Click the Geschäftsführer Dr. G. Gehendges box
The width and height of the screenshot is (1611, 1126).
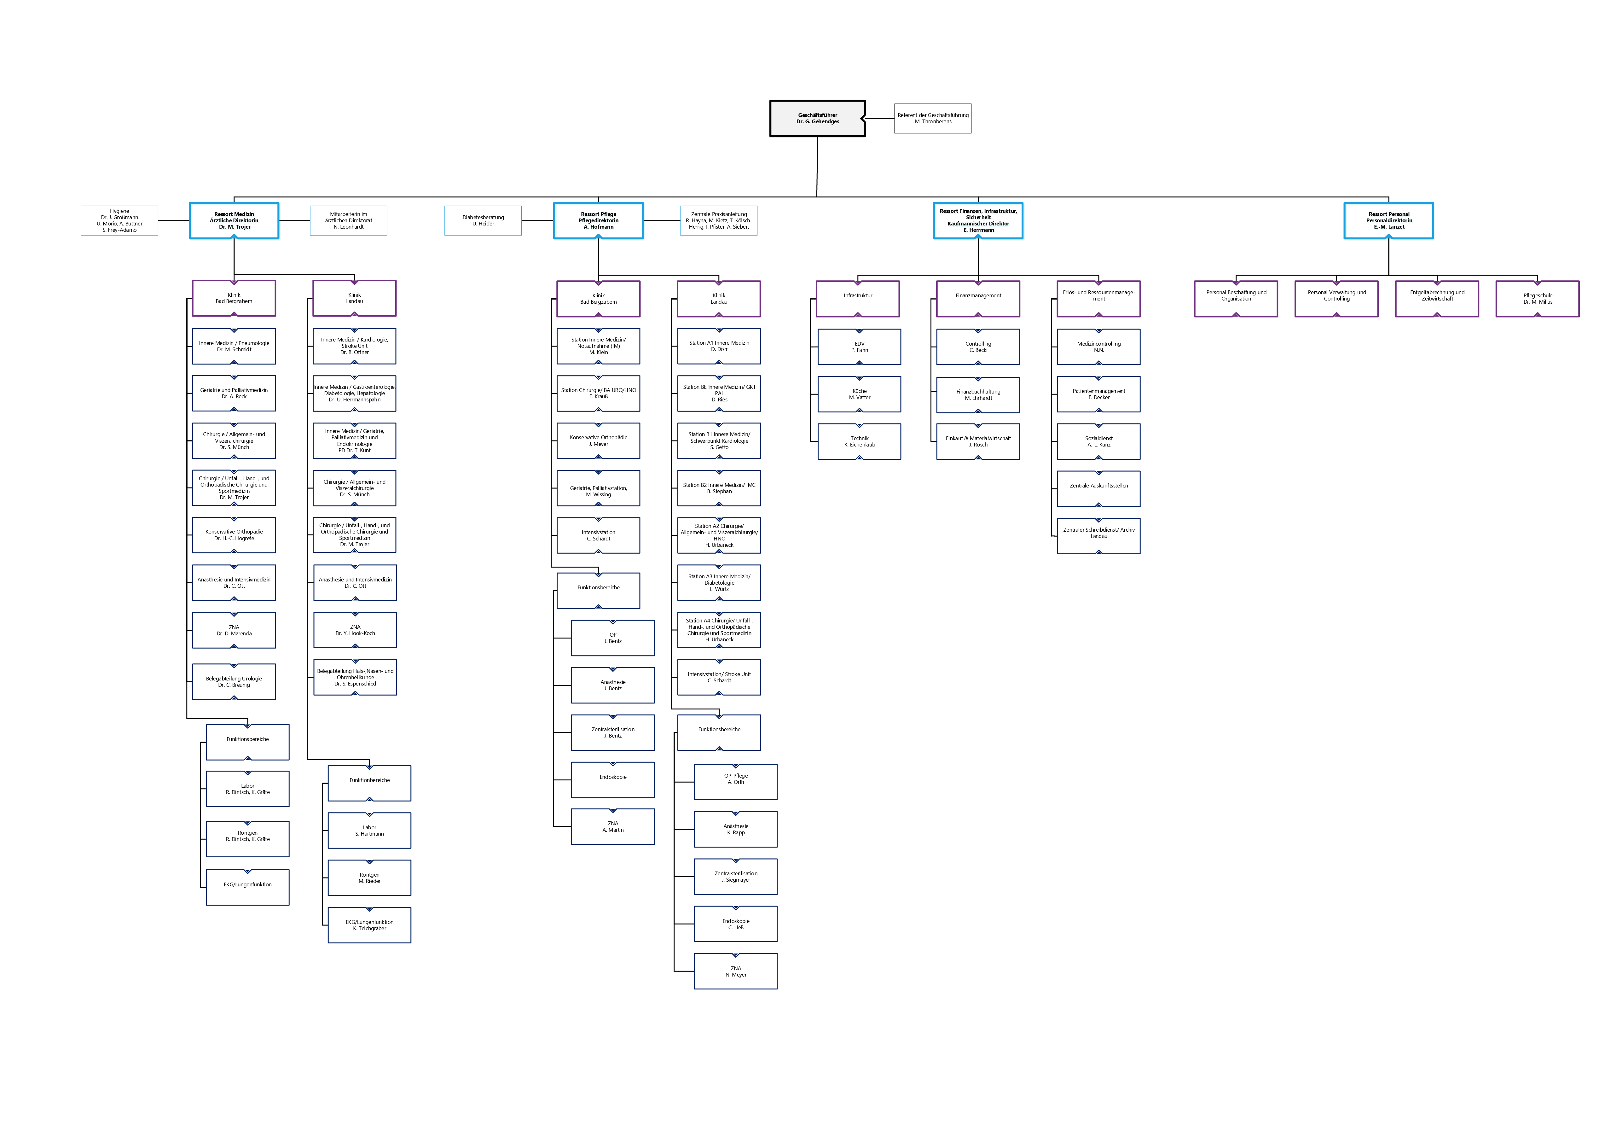click(x=817, y=118)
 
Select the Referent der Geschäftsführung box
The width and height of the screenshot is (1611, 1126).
click(x=932, y=118)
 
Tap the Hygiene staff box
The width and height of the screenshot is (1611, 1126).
click(x=119, y=220)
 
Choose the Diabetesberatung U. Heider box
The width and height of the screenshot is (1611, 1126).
click(x=483, y=220)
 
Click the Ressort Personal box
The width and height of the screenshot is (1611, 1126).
click(x=1388, y=220)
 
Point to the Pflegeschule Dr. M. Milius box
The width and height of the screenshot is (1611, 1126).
click(x=1537, y=298)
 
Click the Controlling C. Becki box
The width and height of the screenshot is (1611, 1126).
click(x=978, y=347)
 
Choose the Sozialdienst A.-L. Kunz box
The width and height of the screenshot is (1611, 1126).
click(x=1099, y=441)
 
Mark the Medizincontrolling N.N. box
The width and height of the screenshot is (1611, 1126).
click(x=1099, y=347)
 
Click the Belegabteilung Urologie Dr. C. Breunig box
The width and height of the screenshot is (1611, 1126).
click(x=234, y=682)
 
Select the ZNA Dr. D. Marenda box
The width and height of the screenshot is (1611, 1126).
click(x=234, y=630)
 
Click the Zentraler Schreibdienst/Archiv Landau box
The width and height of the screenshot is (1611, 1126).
click(x=1099, y=536)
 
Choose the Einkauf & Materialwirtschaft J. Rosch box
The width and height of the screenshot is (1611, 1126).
click(x=978, y=441)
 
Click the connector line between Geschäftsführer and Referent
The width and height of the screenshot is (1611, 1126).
click(x=880, y=118)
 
